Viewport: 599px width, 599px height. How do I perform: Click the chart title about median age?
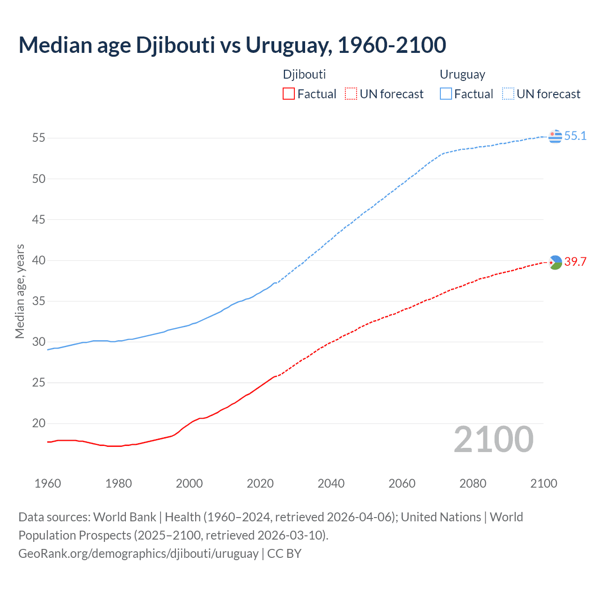tap(232, 45)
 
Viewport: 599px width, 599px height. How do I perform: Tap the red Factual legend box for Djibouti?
tap(289, 94)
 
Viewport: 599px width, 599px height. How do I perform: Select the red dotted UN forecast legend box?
tap(351, 94)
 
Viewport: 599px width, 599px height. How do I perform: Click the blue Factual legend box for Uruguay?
tap(446, 94)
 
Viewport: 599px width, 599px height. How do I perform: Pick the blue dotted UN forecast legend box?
tap(508, 94)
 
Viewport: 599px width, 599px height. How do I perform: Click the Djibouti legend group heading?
tap(304, 74)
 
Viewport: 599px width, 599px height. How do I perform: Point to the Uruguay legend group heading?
tap(462, 74)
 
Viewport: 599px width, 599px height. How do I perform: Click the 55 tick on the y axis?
tap(38, 138)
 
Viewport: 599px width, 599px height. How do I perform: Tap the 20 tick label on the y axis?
tap(38, 424)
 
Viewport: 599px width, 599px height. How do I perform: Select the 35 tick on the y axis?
tap(38, 301)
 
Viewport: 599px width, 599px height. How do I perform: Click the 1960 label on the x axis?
tap(48, 483)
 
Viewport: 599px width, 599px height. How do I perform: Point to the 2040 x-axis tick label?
tap(331, 483)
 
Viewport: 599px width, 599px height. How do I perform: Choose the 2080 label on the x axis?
tap(473, 483)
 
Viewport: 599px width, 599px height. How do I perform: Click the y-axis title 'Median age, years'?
tap(20, 291)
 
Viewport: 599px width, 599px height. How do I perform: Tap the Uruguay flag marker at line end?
tap(555, 136)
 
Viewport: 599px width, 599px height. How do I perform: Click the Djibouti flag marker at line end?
tap(555, 262)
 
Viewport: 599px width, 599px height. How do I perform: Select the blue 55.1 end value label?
tap(575, 136)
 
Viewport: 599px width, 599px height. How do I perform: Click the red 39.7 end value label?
tap(575, 262)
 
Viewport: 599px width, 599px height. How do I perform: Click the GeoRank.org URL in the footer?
tap(139, 554)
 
